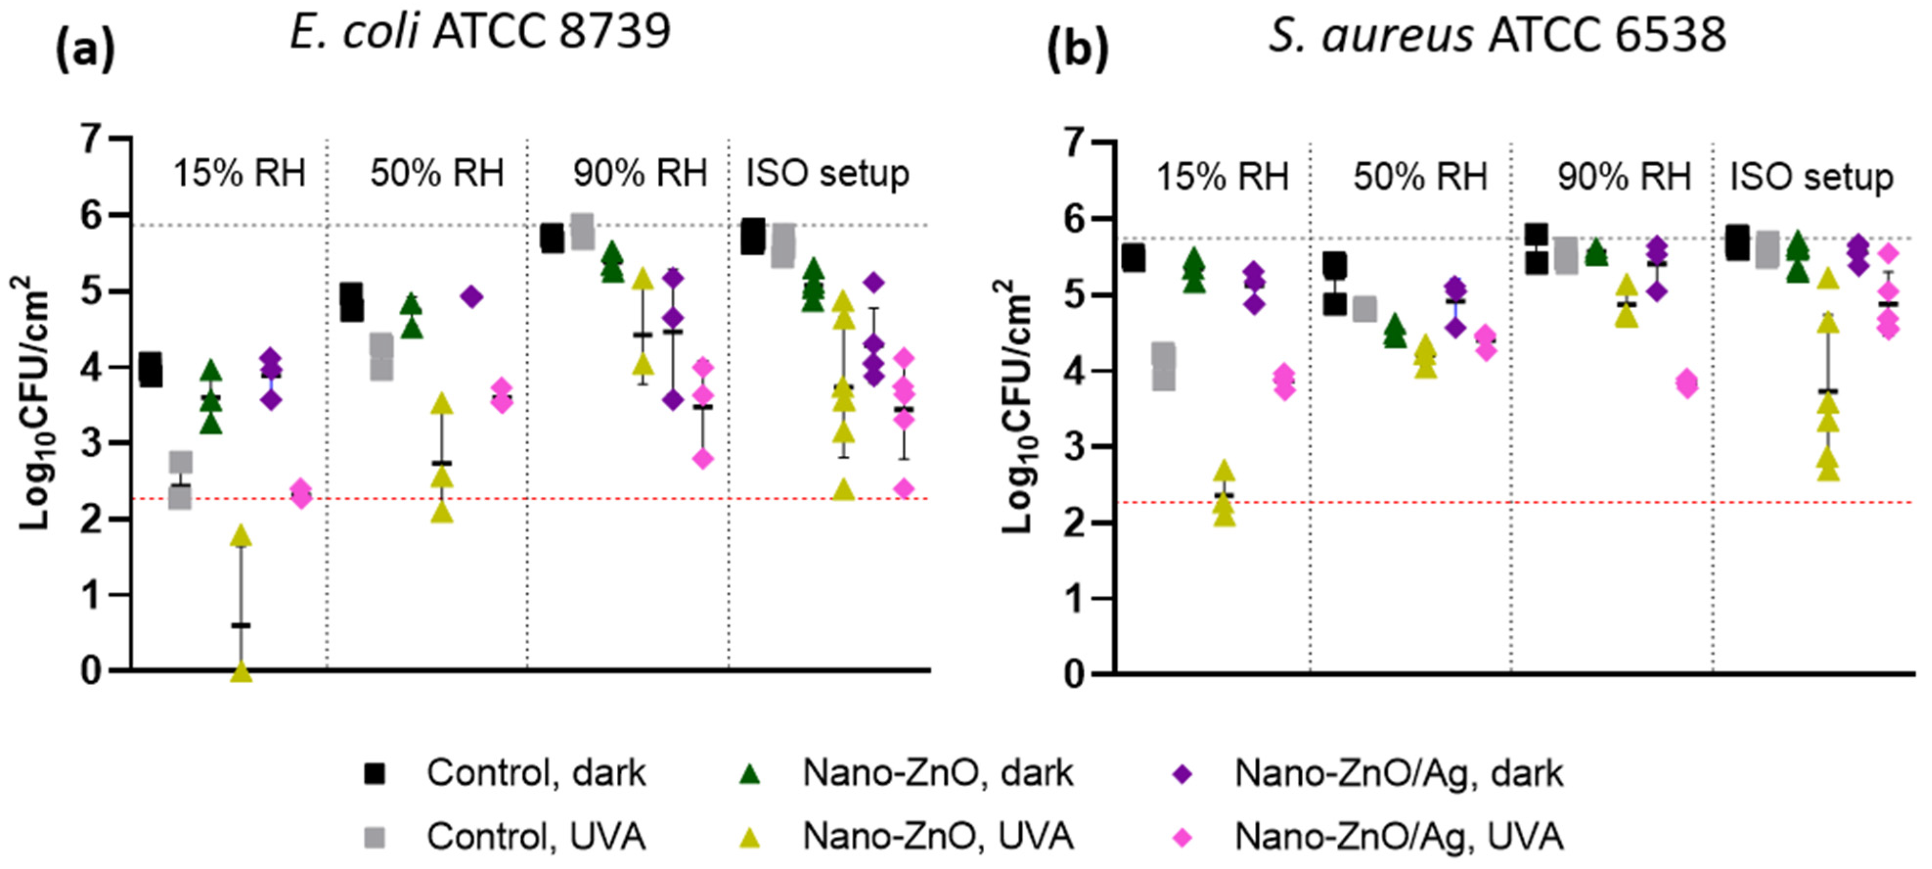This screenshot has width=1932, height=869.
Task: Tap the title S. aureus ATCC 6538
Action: (1497, 35)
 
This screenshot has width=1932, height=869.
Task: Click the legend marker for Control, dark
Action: (374, 773)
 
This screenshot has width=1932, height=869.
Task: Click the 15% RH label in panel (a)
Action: (239, 174)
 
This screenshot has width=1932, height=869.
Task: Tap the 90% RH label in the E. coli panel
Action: (640, 174)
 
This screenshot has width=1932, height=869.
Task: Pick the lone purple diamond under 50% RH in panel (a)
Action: (472, 297)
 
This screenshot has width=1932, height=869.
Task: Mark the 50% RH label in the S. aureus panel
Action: (1420, 178)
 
